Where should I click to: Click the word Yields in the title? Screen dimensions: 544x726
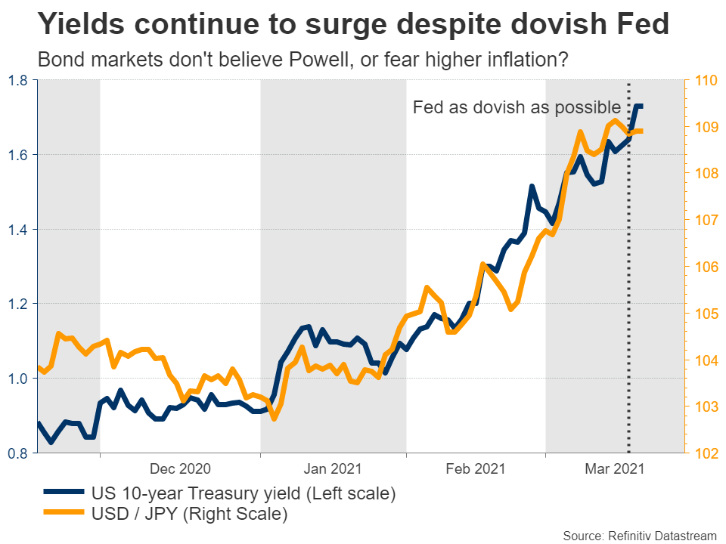coord(82,25)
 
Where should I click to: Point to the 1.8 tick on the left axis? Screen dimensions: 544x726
coord(19,80)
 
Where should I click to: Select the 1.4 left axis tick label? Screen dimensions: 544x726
coord(19,229)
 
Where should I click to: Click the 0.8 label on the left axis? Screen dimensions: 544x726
coord(19,453)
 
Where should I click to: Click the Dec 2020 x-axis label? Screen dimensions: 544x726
coord(179,469)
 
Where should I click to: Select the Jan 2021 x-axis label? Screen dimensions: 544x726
coord(334,469)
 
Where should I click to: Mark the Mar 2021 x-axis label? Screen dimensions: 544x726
coord(614,469)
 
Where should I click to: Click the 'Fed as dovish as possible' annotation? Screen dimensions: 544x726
coord(517,107)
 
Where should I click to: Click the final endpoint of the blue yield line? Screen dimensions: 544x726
coord(642,107)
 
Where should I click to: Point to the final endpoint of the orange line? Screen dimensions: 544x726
coord(641,131)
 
